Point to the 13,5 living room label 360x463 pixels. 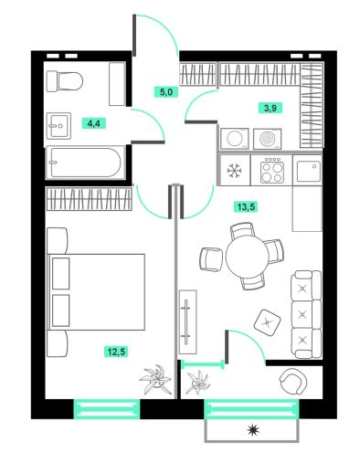tap(245, 206)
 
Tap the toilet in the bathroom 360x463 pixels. tap(66, 84)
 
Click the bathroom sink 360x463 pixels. tap(61, 123)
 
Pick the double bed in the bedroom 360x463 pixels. tap(96, 291)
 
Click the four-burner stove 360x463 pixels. tap(271, 170)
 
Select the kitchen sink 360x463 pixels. tap(308, 169)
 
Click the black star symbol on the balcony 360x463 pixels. tap(252, 429)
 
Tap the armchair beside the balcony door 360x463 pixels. tap(291, 381)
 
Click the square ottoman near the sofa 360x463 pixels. tap(266, 319)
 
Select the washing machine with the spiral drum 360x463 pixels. tap(267, 140)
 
